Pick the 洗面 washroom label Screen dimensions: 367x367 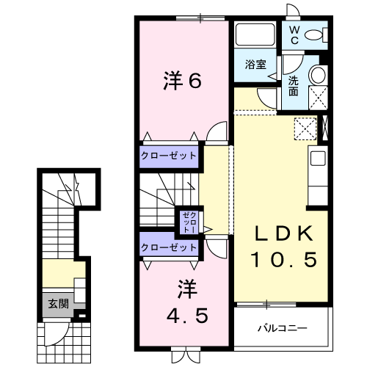tap(294, 86)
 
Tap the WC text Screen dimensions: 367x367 tap(293, 34)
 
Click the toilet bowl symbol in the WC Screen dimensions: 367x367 tap(316, 34)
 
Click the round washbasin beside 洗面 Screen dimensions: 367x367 tap(319, 74)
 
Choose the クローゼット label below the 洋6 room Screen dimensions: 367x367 tap(169, 156)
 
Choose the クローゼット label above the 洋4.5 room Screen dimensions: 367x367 tap(169, 247)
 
